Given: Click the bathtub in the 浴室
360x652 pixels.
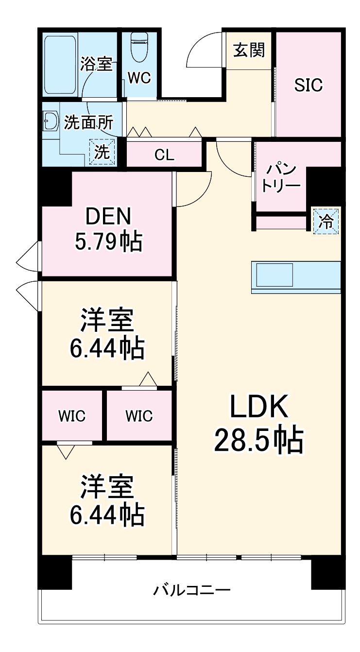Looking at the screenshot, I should (60, 66).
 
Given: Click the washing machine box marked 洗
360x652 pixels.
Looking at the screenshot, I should (103, 152).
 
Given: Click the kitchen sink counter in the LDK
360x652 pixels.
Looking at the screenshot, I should (296, 276).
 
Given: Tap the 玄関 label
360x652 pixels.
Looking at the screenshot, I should (249, 50).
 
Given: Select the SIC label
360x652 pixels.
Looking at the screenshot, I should (308, 85).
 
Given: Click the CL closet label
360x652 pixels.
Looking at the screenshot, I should (164, 155).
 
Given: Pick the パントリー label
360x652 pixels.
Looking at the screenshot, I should (281, 178).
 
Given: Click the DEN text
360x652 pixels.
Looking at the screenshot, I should (108, 217).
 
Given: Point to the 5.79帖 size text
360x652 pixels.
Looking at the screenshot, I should (108, 241).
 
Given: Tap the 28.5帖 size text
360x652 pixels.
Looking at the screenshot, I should (259, 440).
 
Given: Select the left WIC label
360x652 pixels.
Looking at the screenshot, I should (72, 416).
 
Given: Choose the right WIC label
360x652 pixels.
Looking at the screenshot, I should (139, 416).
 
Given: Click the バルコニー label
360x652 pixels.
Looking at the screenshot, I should (192, 591).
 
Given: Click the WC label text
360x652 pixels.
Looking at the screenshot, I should (139, 78).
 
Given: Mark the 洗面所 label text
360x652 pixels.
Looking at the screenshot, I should (88, 123).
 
